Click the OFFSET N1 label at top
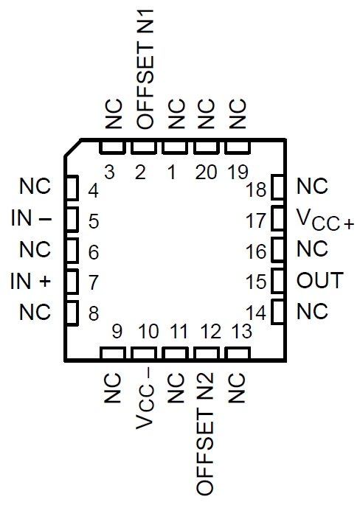click(142, 66)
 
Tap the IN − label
click(32, 219)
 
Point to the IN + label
click(32, 281)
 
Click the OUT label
click(319, 281)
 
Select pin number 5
click(94, 220)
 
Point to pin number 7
click(94, 282)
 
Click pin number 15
click(256, 282)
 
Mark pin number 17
click(256, 220)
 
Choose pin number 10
click(148, 332)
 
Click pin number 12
click(210, 332)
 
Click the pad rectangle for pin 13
click(236, 354)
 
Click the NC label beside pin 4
click(35, 187)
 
